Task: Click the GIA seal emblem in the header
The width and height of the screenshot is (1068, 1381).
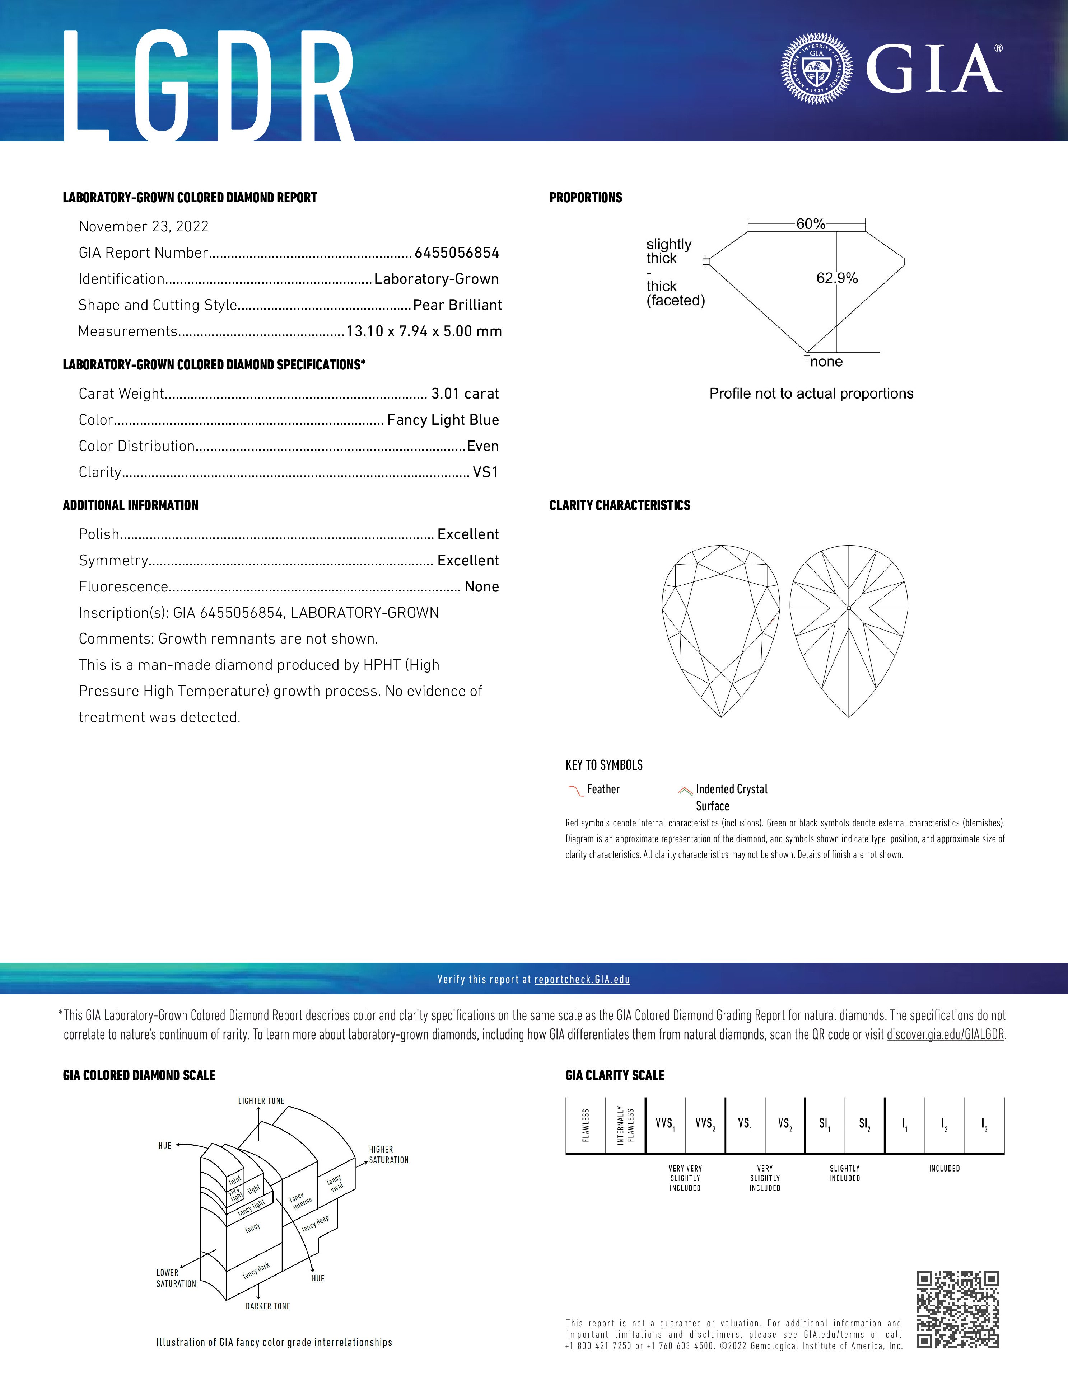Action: click(816, 68)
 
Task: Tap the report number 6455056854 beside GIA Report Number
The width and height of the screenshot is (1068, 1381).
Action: click(457, 253)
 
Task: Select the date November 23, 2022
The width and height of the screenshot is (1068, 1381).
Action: click(144, 226)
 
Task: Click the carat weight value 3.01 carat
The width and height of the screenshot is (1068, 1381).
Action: click(465, 394)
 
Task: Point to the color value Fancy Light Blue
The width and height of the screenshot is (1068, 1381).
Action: click(443, 420)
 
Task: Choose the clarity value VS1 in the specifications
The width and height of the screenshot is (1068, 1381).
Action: click(485, 472)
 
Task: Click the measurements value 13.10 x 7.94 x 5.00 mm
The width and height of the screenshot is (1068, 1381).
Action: click(424, 331)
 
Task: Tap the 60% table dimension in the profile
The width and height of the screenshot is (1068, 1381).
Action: click(811, 224)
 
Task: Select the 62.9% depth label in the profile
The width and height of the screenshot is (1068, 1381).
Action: click(837, 278)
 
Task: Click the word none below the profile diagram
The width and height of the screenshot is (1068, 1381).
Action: click(826, 362)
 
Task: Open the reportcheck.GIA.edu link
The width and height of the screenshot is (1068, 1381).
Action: click(582, 980)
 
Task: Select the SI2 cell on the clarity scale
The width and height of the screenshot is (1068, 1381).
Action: click(864, 1124)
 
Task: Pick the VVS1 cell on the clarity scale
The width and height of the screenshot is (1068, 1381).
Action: click(665, 1124)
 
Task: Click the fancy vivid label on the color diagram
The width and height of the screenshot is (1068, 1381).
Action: click(335, 1182)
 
